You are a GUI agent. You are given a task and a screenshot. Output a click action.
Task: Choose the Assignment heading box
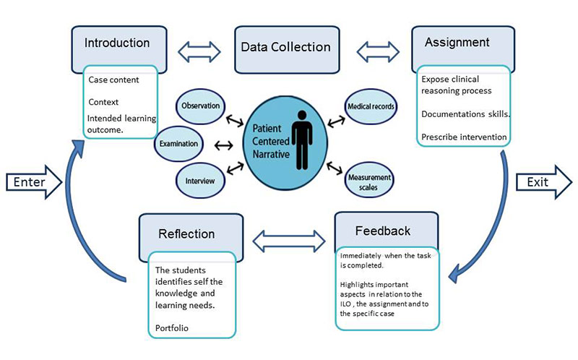pyautogui.click(x=457, y=43)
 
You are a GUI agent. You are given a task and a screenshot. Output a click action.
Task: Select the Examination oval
pyautogui.click(x=178, y=144)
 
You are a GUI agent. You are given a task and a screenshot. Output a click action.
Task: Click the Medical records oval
pyautogui.click(x=370, y=107)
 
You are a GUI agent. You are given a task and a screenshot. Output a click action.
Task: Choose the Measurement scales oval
pyautogui.click(x=369, y=182)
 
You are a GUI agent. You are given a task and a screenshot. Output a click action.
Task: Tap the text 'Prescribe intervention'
pyautogui.click(x=464, y=137)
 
